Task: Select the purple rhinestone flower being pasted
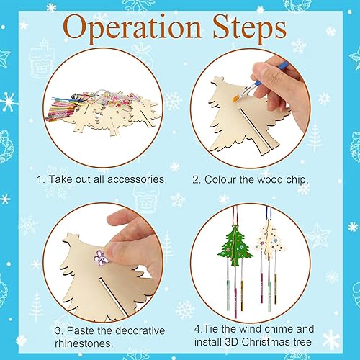[100, 255]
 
